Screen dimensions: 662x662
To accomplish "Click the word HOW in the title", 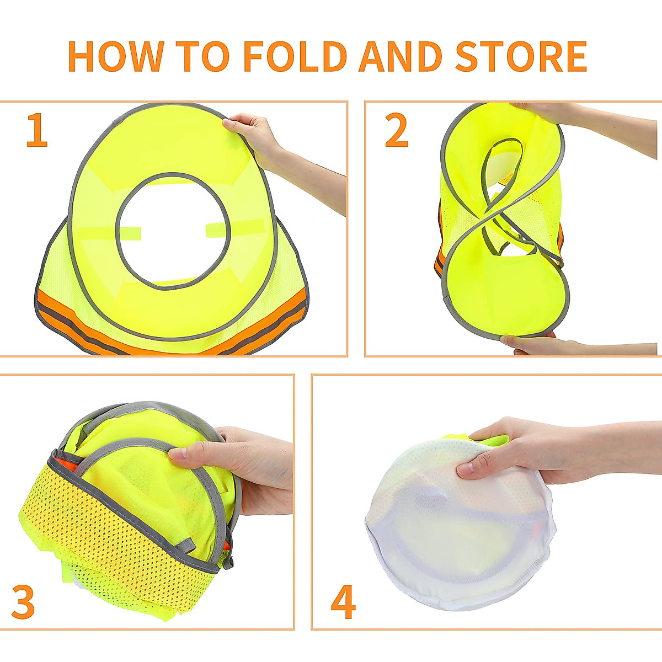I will [x=115, y=56].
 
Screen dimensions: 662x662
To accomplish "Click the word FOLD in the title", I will [x=295, y=56].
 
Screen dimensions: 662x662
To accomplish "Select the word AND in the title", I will [x=400, y=56].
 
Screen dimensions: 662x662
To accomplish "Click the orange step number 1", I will [x=37, y=131].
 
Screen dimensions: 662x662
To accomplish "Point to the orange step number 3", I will [x=23, y=602].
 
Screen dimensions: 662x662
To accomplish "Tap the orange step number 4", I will [x=343, y=602].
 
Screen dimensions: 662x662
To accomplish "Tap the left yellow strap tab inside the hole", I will [x=128, y=232].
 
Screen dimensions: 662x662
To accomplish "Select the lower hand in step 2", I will [x=530, y=344].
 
